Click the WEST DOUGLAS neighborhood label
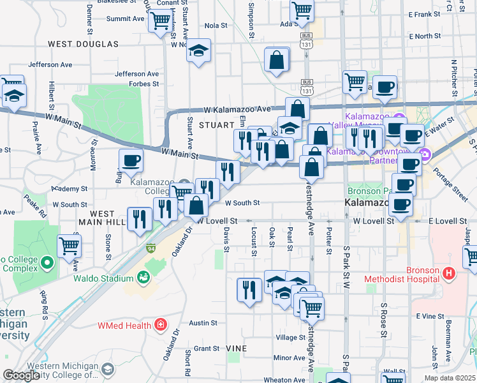pyautogui.click(x=84, y=44)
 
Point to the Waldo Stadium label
pyautogui.click(x=103, y=278)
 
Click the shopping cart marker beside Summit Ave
pyautogui.click(x=159, y=20)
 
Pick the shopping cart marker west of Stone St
pyautogui.click(x=69, y=246)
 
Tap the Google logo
pyautogui.click(x=21, y=375)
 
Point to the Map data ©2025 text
pyautogui.click(x=449, y=378)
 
